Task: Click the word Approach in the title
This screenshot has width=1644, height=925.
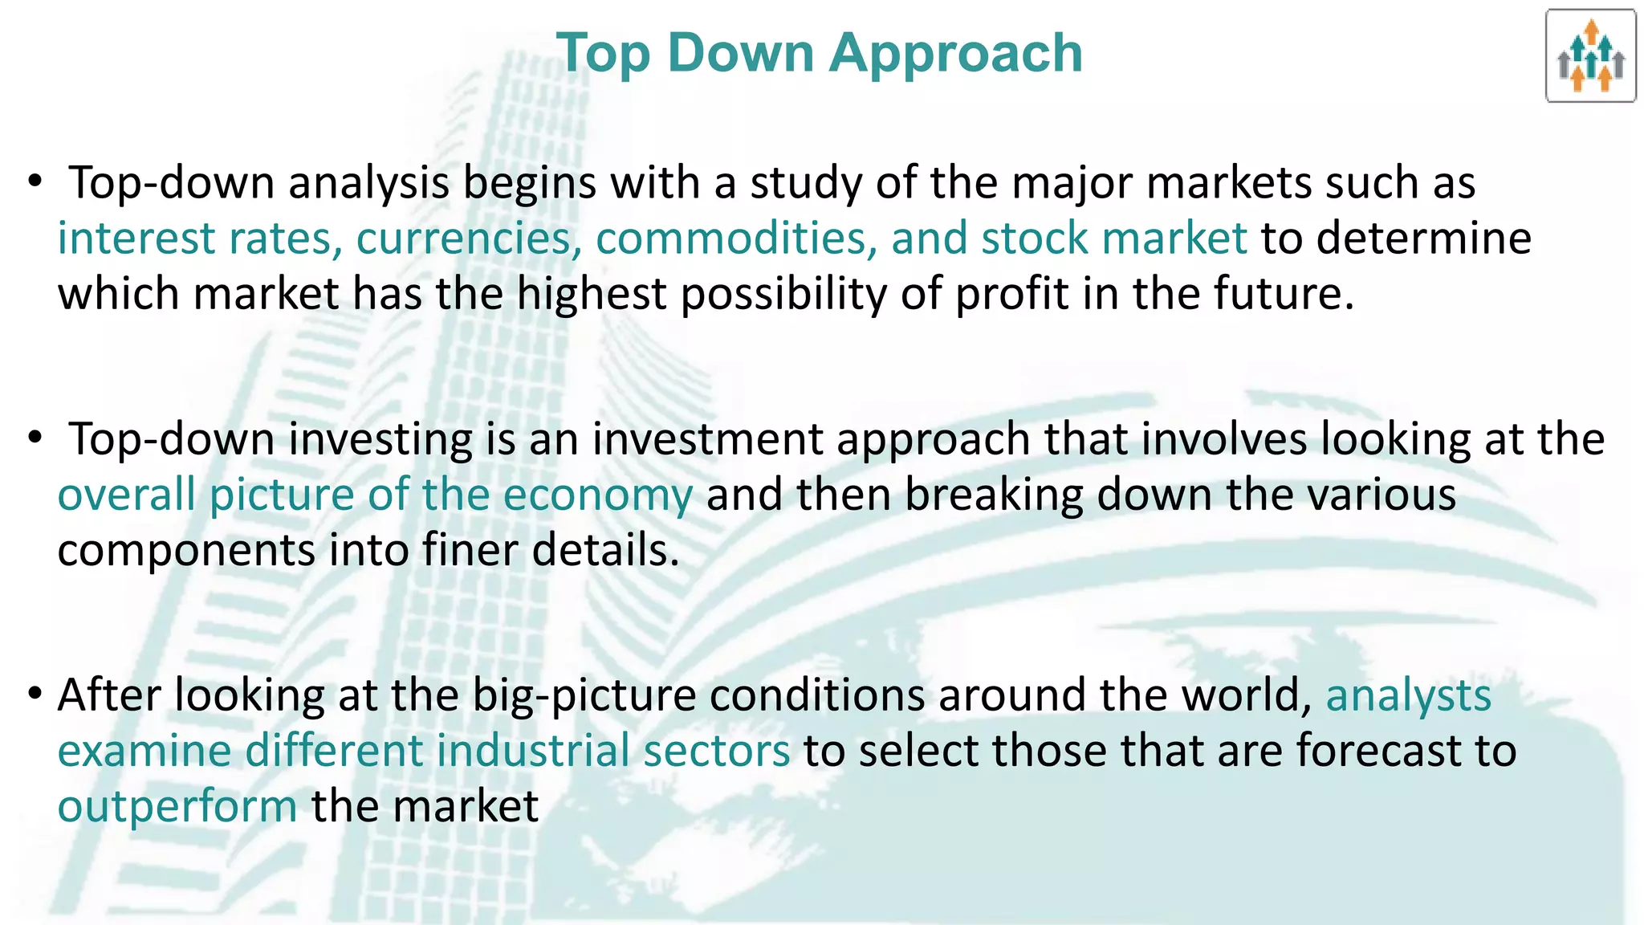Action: [956, 54]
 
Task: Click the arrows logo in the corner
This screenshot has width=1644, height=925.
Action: [1590, 56]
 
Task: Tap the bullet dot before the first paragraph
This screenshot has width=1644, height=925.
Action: [34, 182]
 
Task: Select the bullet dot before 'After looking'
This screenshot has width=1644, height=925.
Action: [34, 694]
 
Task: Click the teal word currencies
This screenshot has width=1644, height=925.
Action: [469, 238]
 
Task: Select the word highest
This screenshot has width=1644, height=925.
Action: [591, 294]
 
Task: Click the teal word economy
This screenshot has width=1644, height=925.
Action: [597, 495]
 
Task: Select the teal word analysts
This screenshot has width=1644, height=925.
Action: [1408, 695]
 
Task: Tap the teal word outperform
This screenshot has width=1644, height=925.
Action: [177, 807]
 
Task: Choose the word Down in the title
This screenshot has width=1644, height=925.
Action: [740, 54]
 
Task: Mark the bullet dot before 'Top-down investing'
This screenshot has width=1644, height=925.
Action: [34, 438]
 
